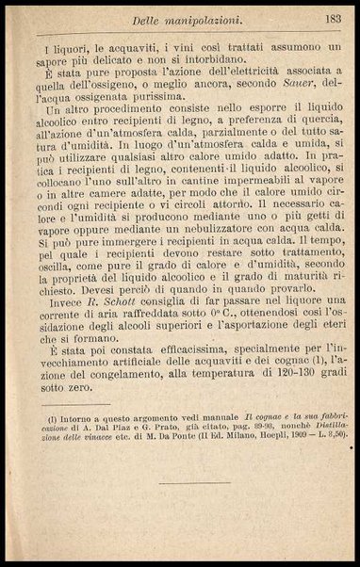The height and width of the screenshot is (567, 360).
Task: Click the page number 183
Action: [x=330, y=19]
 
